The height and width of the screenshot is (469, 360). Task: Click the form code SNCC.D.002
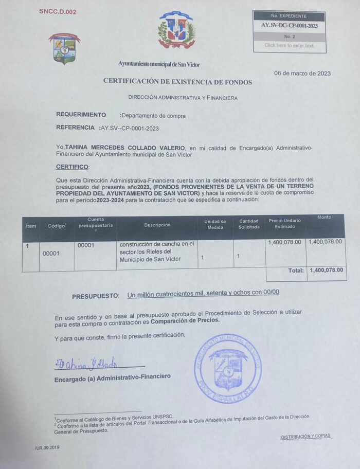[x=58, y=11]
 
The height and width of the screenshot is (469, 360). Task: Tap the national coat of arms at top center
[x=176, y=30]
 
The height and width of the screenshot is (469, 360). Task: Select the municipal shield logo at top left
[x=64, y=48]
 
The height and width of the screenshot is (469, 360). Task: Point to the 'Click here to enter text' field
[x=289, y=45]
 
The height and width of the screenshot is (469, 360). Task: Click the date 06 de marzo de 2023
[x=302, y=74]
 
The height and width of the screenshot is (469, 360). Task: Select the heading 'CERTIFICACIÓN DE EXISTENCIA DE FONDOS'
[x=177, y=81]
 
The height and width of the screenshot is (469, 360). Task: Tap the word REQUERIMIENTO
[x=81, y=115]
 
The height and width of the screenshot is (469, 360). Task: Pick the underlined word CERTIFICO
[x=72, y=167]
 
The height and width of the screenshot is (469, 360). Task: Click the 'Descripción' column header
[x=157, y=225]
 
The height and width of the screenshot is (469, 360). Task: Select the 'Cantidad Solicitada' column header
[x=249, y=224]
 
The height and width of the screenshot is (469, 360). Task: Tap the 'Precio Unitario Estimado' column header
[x=285, y=223]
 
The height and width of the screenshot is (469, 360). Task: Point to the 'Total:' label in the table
[x=296, y=270]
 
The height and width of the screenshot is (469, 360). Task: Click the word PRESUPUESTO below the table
[x=95, y=297]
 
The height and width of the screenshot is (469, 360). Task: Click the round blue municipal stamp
[x=228, y=367]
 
